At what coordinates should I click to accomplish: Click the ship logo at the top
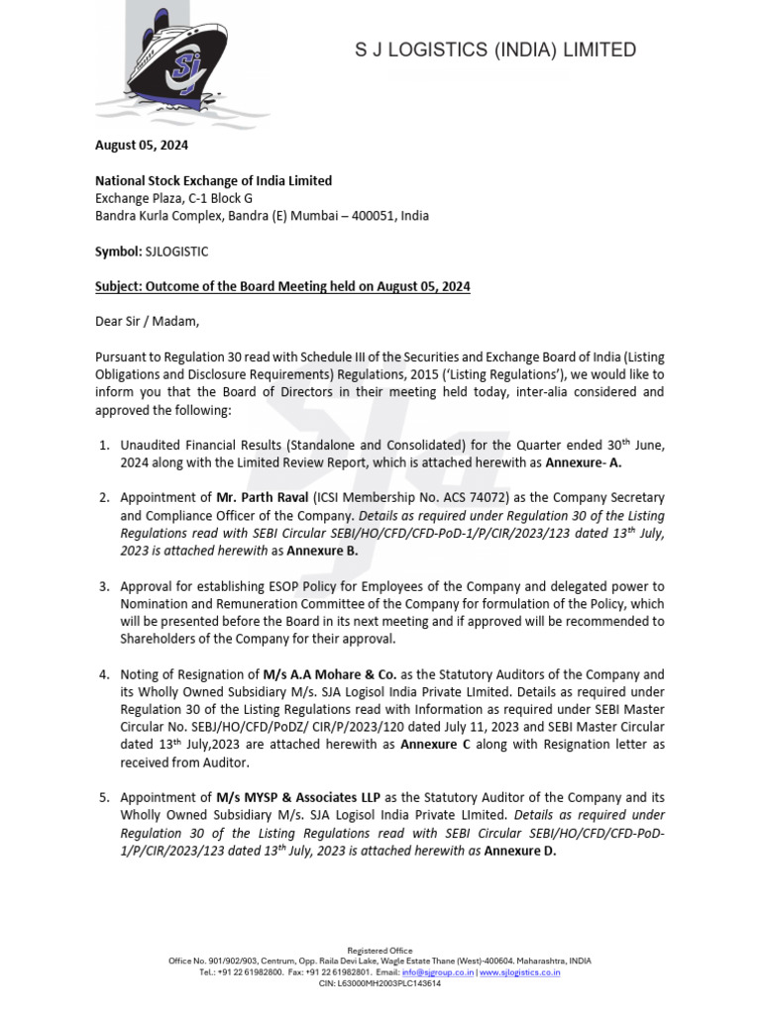coord(163,61)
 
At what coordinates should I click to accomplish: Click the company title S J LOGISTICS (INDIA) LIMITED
coord(495,50)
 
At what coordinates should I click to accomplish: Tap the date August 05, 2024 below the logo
coord(141,145)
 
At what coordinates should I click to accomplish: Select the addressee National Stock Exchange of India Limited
coord(213,180)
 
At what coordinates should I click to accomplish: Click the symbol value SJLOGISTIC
coord(176,252)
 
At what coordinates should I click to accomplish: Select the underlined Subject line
coord(282,287)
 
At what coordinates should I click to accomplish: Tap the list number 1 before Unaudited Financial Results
coord(104,445)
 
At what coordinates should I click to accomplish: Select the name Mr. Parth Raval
coord(263,497)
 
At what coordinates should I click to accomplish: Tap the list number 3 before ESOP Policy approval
coord(104,586)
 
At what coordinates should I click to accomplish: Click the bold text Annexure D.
coord(520,850)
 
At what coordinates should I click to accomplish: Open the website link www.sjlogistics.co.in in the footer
coord(520,972)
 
